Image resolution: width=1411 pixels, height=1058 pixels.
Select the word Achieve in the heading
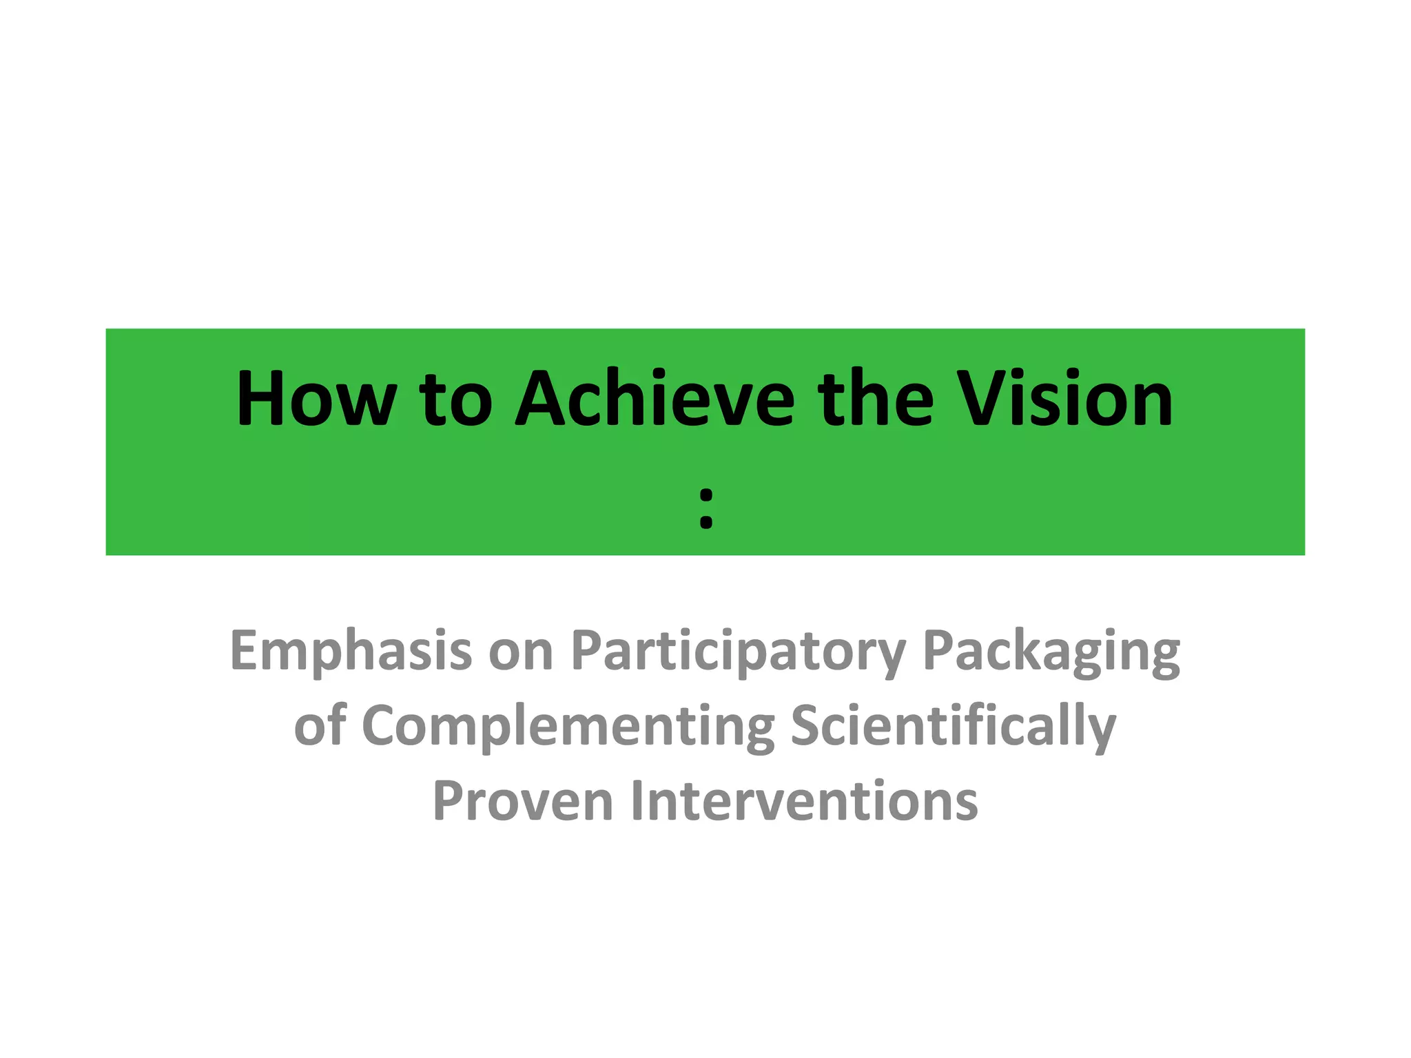[655, 400]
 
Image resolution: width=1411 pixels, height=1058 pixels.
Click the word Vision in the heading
[1067, 400]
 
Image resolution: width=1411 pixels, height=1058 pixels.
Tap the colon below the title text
[705, 507]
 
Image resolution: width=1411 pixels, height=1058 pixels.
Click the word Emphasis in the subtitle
[351, 652]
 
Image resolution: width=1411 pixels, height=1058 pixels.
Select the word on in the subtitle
[521, 652]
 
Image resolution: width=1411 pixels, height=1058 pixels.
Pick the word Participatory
[738, 652]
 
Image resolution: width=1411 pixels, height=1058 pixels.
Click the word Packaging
[1051, 652]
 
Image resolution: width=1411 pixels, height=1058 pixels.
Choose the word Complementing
[568, 727]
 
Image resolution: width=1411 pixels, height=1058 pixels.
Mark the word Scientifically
[954, 727]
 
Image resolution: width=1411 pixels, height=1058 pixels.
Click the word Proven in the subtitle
[523, 800]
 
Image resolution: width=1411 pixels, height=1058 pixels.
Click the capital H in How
[260, 400]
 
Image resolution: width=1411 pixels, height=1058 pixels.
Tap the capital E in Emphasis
[245, 650]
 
